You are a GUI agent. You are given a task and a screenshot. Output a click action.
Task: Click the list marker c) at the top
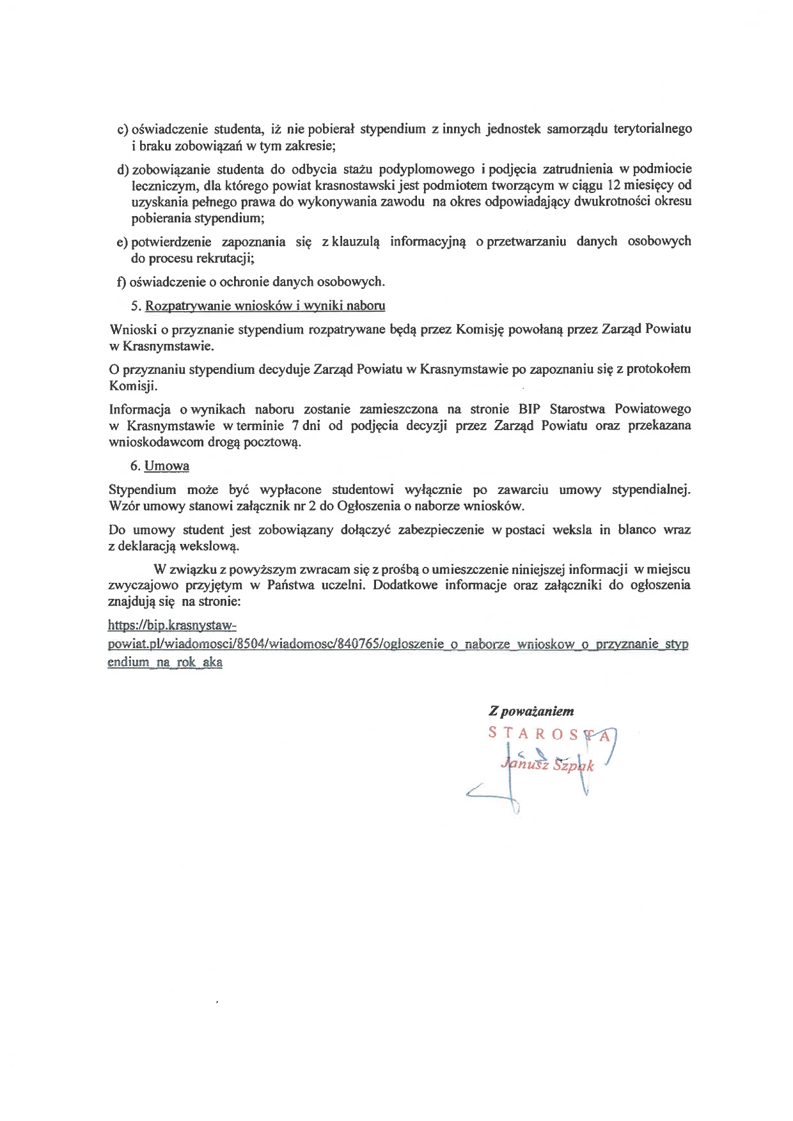pyautogui.click(x=122, y=130)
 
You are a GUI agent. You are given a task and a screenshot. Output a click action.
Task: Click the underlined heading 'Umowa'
pyautogui.click(x=167, y=466)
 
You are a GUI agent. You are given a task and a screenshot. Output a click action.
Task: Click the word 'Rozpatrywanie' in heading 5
pyautogui.click(x=186, y=305)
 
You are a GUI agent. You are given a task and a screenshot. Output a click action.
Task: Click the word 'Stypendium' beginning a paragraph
pyautogui.click(x=142, y=490)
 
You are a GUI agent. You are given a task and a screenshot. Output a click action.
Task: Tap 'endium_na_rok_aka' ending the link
pyautogui.click(x=165, y=662)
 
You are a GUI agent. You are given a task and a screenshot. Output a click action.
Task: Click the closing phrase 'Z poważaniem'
pyautogui.click(x=531, y=711)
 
